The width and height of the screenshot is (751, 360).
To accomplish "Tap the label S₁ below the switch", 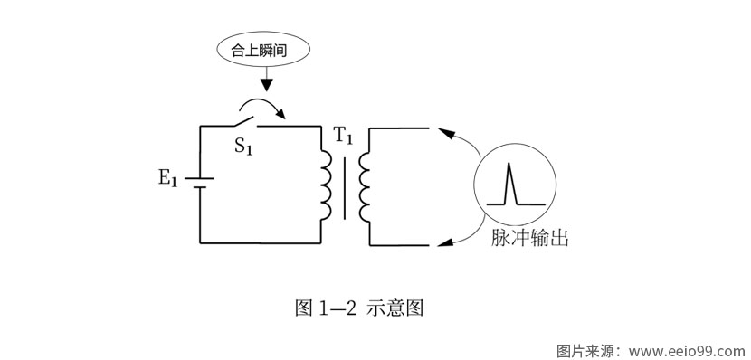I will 243,146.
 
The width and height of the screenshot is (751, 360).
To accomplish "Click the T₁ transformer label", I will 344,137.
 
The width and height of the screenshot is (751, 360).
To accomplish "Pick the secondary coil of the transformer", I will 364,186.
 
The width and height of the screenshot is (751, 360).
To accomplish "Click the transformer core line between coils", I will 344,186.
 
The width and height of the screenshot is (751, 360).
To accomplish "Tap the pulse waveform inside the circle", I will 509,184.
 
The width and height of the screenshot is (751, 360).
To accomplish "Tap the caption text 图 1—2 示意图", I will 359,308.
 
